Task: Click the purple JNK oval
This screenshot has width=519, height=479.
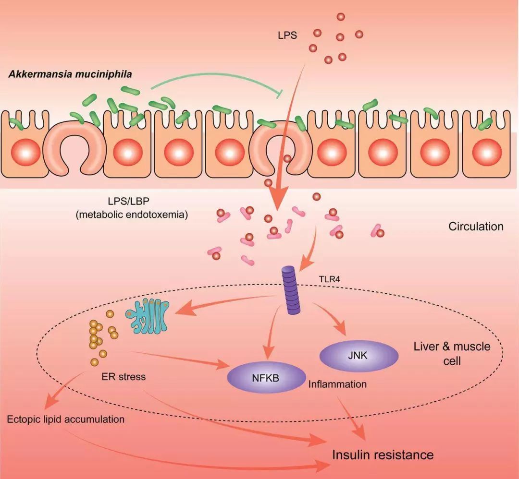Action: (359, 356)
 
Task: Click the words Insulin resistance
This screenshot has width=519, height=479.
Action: (383, 454)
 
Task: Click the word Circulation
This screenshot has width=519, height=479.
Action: (475, 227)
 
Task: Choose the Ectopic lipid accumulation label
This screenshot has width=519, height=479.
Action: (66, 419)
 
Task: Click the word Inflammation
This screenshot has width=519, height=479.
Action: (337, 384)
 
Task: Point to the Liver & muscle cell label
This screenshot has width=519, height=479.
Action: (452, 353)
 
